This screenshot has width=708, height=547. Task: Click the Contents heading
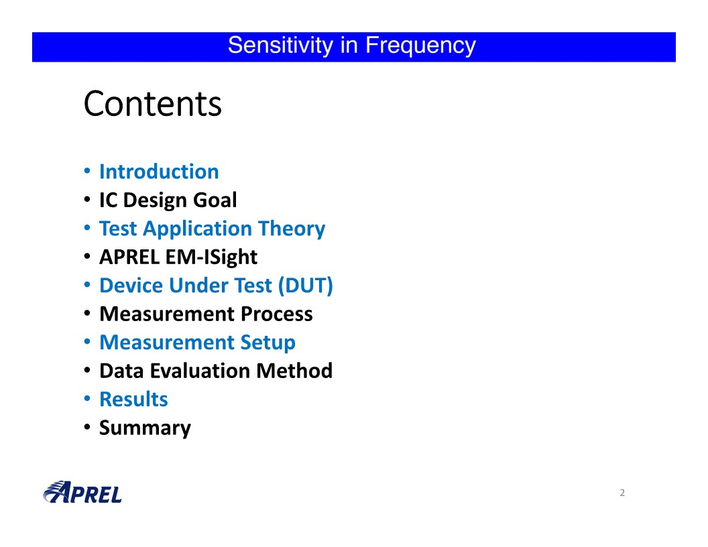coord(153,104)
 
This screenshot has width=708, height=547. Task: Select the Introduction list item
coord(159,172)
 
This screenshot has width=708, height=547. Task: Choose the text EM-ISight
coord(211,257)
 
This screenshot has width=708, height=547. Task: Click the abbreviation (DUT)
coord(306,286)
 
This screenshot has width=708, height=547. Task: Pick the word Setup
coord(268,343)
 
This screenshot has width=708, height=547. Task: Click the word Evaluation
coord(200,371)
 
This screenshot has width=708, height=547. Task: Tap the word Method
coord(294,371)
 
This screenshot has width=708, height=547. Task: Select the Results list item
coord(133,400)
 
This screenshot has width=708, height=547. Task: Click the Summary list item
coord(145,428)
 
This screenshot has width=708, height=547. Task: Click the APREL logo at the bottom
coord(82,493)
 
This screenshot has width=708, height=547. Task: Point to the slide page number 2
coord(622,493)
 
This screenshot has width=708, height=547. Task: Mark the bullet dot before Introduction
coord(87,171)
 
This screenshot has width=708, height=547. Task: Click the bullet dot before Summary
coord(87,427)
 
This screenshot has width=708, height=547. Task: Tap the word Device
coord(131,286)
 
